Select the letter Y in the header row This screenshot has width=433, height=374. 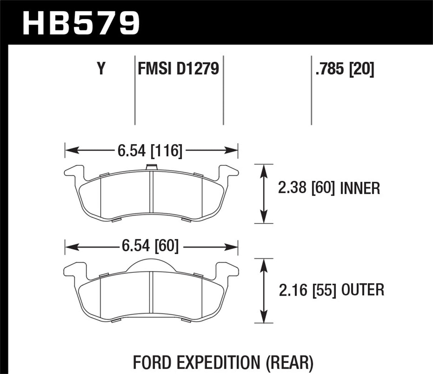pyautogui.click(x=101, y=68)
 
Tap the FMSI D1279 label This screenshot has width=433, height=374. pyautogui.click(x=178, y=68)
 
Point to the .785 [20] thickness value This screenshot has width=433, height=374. pyautogui.click(x=344, y=68)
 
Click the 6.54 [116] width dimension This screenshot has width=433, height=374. pyautogui.click(x=150, y=151)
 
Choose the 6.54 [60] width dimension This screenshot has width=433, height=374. pyautogui.click(x=150, y=246)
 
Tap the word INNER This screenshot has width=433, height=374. pyautogui.click(x=360, y=188)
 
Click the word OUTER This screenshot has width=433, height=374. pyautogui.click(x=362, y=290)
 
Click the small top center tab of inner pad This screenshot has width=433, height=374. pyautogui.click(x=152, y=166)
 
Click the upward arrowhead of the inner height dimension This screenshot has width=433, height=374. pyautogui.click(x=263, y=169)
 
